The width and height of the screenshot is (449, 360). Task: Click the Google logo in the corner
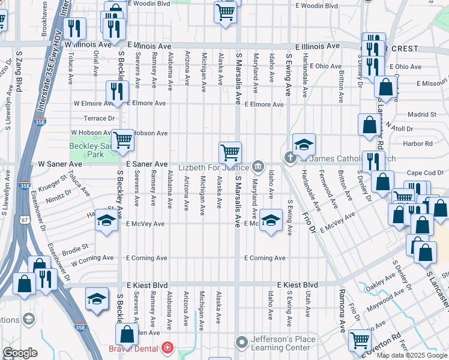[20, 353]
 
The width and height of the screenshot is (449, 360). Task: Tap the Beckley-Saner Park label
[91, 150]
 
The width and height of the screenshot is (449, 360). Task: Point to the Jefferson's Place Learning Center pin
[241, 343]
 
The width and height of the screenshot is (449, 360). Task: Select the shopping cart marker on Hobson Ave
[122, 141]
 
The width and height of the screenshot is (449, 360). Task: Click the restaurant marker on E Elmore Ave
[116, 91]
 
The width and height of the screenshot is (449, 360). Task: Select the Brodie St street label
[76, 247]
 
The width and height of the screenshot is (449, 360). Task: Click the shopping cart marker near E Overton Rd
[359, 340]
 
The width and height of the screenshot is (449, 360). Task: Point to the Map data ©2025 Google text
[412, 355]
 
